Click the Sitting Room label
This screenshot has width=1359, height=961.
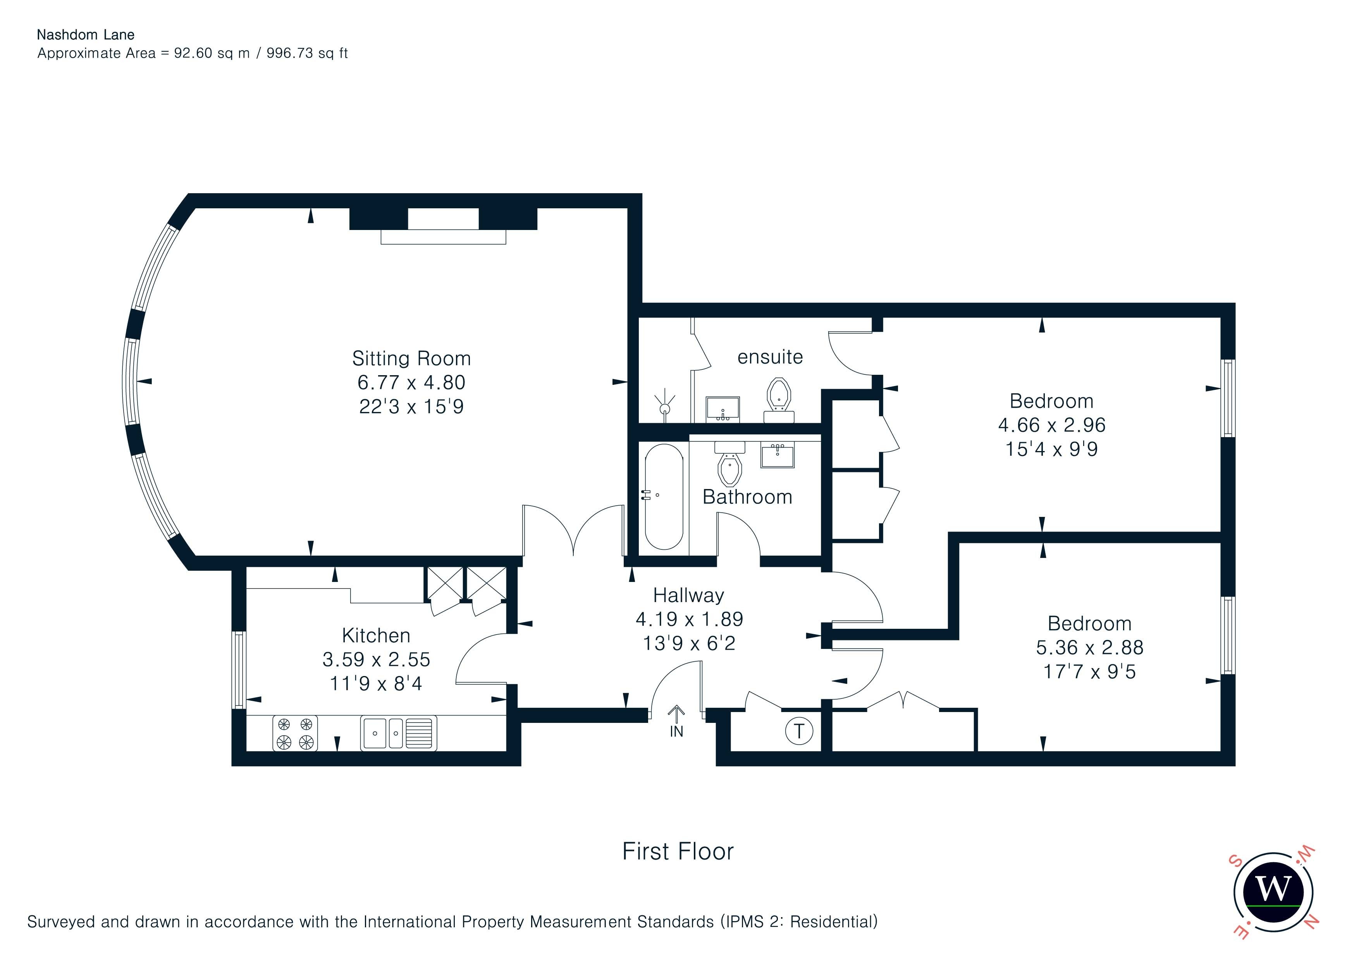click(411, 359)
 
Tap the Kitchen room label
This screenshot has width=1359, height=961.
click(376, 635)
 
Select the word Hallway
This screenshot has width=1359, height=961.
click(688, 595)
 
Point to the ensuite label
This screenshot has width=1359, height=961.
click(770, 357)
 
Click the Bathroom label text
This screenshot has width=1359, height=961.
click(747, 497)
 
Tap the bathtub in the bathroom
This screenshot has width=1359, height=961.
click(664, 497)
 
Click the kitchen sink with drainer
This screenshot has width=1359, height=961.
click(398, 733)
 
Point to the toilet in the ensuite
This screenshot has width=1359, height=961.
click(779, 400)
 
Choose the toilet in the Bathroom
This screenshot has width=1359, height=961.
click(730, 463)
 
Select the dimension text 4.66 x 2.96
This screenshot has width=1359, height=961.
click(1051, 425)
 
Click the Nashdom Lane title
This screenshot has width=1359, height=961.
click(86, 35)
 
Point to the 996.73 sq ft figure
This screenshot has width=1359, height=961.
click(306, 53)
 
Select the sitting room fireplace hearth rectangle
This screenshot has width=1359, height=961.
click(443, 237)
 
